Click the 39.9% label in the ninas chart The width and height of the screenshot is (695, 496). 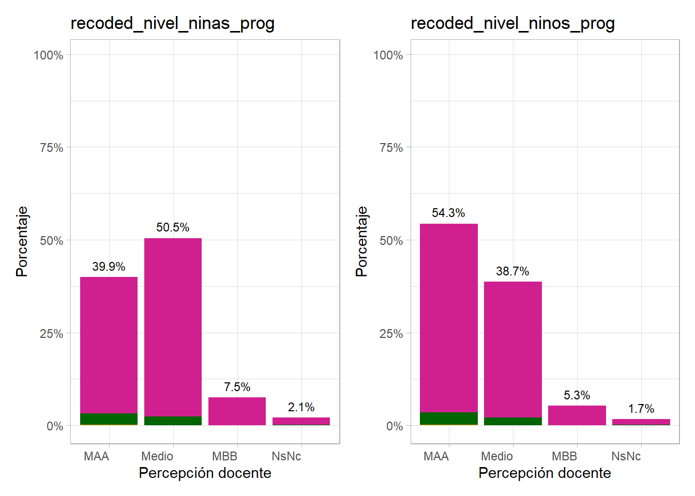pyautogui.click(x=109, y=267)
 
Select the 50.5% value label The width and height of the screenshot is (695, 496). pyautogui.click(x=173, y=227)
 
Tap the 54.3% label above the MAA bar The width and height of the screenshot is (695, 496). pyautogui.click(x=448, y=213)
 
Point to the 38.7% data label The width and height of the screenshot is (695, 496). pyautogui.click(x=512, y=271)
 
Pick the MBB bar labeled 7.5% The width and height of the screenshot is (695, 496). pyautogui.click(x=237, y=411)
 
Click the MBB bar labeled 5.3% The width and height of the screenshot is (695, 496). pyautogui.click(x=577, y=415)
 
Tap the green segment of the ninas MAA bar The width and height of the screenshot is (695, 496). pyautogui.click(x=109, y=419)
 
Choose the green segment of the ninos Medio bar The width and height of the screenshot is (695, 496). pyautogui.click(x=512, y=421)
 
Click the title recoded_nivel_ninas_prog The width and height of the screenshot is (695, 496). pyautogui.click(x=172, y=23)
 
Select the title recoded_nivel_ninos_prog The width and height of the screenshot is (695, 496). pyautogui.click(x=512, y=23)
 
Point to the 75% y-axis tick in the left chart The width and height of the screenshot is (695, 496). pyautogui.click(x=51, y=148)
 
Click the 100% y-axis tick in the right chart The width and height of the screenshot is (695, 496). pyautogui.click(x=388, y=55)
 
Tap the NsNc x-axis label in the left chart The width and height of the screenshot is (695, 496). pyautogui.click(x=286, y=456)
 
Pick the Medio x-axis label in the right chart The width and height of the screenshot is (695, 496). pyautogui.click(x=496, y=456)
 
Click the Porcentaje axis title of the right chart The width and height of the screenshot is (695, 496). pyautogui.click(x=361, y=241)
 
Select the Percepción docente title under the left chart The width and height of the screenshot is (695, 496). pyautogui.click(x=205, y=473)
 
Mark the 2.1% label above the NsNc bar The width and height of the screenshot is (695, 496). pyautogui.click(x=301, y=407)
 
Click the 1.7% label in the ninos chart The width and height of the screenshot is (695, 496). pyautogui.click(x=641, y=409)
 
